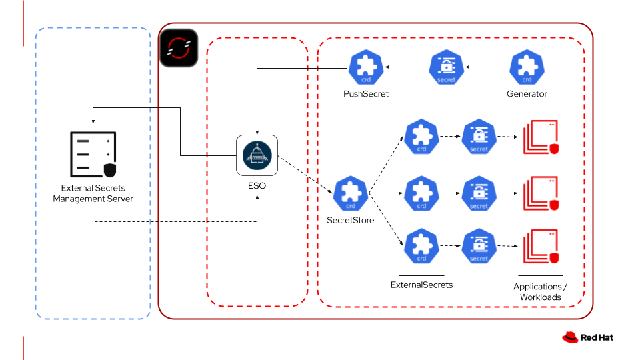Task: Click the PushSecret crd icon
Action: (366, 67)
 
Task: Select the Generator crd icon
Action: (527, 67)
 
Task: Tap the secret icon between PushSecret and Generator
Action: (447, 67)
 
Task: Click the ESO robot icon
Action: (257, 155)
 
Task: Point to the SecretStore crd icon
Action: (351, 193)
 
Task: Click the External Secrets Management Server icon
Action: (93, 154)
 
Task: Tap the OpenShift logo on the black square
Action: (179, 48)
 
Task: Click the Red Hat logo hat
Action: (570, 337)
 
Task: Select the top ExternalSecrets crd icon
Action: (421, 137)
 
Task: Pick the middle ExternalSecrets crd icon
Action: (421, 193)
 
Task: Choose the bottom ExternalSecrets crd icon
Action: (421, 246)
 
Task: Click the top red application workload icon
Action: (541, 137)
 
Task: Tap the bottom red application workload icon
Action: (541, 247)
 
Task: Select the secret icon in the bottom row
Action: (479, 246)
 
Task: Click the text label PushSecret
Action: (366, 94)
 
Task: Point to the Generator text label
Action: (527, 94)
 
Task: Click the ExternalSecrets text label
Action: (421, 285)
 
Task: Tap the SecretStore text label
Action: (351, 221)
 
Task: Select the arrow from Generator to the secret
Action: (487, 67)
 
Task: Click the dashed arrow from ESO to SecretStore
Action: (305, 175)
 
